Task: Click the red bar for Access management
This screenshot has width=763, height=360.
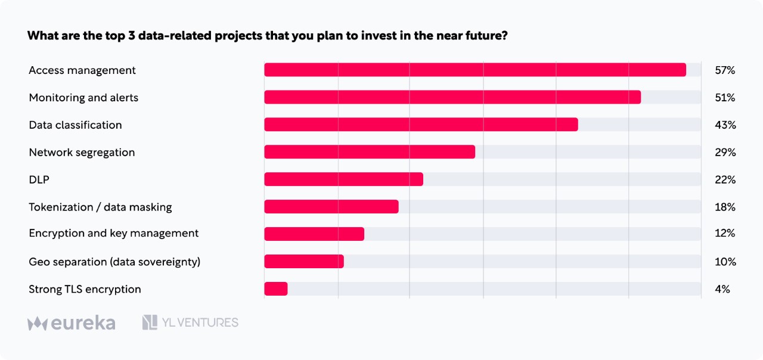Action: (x=475, y=70)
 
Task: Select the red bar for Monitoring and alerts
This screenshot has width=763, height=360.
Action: (x=452, y=97)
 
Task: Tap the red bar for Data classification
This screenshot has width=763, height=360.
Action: (x=421, y=125)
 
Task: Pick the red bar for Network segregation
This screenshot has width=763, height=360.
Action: (x=370, y=152)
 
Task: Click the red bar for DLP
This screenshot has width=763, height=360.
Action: (x=344, y=179)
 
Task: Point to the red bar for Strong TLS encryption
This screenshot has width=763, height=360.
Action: (x=276, y=289)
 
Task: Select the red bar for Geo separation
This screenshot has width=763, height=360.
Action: (x=304, y=261)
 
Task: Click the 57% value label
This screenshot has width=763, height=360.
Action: (x=725, y=70)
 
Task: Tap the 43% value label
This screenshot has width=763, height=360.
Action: (x=725, y=125)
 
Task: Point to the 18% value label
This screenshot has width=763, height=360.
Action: (x=725, y=207)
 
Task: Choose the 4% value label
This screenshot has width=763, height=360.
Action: (x=722, y=289)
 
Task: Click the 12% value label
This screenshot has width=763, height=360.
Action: (x=725, y=233)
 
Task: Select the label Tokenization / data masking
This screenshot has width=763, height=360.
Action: (x=101, y=207)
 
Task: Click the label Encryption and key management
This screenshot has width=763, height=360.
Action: (x=114, y=233)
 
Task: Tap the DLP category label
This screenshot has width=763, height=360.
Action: (x=39, y=179)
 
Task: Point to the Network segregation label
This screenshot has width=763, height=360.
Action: (x=82, y=152)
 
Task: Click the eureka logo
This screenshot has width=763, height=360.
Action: (x=72, y=322)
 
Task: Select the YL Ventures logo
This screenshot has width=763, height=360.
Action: (x=190, y=322)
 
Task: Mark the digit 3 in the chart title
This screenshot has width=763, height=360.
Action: (x=132, y=35)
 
